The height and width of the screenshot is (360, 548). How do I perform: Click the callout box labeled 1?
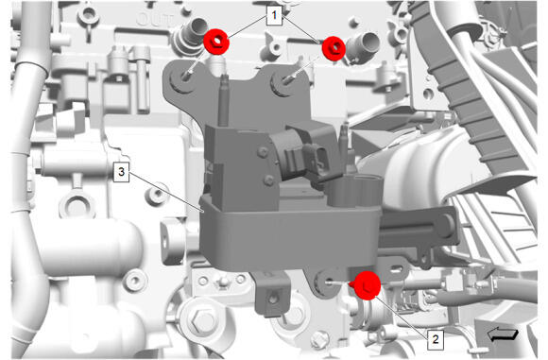pyautogui.click(x=274, y=16)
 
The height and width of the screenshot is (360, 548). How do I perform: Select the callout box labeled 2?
pyautogui.click(x=436, y=339)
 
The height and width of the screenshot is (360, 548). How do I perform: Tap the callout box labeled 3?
pyautogui.click(x=121, y=173)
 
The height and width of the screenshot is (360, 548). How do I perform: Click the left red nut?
pyautogui.click(x=216, y=42)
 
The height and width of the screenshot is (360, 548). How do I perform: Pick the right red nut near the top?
pyautogui.click(x=334, y=48)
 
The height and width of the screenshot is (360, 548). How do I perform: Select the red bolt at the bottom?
pyautogui.click(x=366, y=285)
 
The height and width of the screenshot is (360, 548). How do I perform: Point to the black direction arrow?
pyautogui.click(x=503, y=334)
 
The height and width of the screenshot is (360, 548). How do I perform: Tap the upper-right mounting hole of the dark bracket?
pyautogui.click(x=283, y=83)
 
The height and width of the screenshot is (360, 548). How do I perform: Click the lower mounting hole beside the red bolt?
pyautogui.click(x=327, y=281)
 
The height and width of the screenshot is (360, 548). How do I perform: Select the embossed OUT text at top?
pyautogui.click(x=153, y=20)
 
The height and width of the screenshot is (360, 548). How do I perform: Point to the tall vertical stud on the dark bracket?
pyautogui.click(x=224, y=100)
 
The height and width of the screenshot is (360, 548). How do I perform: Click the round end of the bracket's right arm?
pyautogui.click(x=446, y=226)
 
